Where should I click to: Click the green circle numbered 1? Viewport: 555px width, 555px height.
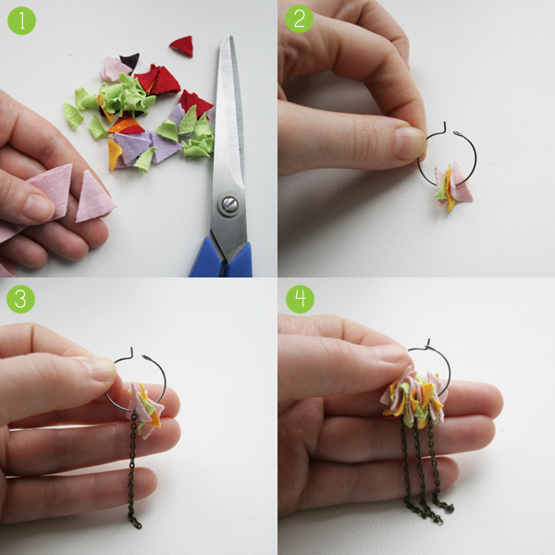tap(21, 20)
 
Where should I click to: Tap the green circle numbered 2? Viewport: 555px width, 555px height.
tap(299, 19)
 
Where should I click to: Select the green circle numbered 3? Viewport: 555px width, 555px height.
tap(20, 299)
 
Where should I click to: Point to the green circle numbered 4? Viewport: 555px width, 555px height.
tap(300, 299)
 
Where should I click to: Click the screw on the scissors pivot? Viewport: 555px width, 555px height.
tap(228, 204)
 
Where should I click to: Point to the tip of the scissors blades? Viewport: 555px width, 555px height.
tap(229, 35)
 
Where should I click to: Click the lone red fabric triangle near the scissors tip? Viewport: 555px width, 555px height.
tap(181, 46)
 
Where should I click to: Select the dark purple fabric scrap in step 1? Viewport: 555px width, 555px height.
tap(129, 61)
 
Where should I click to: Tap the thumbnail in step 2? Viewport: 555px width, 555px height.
tap(410, 142)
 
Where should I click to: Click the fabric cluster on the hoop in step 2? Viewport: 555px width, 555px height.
tap(452, 186)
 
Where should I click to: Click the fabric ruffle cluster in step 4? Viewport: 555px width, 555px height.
tap(414, 397)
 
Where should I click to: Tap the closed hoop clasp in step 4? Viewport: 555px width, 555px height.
tap(428, 344)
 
